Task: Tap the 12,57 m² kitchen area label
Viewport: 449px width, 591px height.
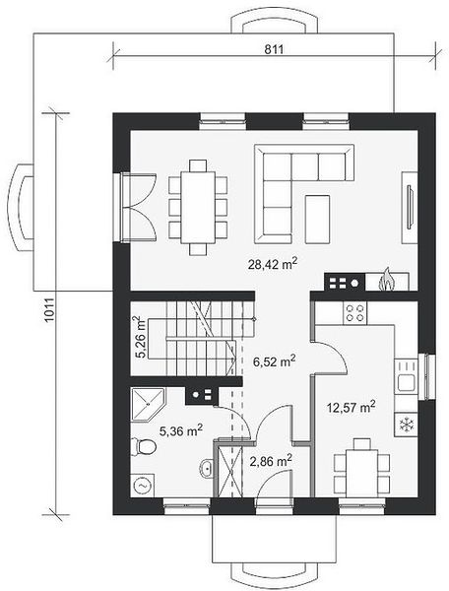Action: pyautogui.click(x=351, y=407)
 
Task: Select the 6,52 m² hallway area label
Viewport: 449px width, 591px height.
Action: pyautogui.click(x=274, y=361)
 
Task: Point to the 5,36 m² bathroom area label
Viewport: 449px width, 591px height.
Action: pyautogui.click(x=181, y=430)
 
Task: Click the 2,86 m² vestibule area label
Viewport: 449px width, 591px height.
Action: pyautogui.click(x=271, y=460)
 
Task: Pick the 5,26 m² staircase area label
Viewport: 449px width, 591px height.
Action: pyautogui.click(x=142, y=337)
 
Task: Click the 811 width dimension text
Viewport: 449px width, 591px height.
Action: pyautogui.click(x=274, y=49)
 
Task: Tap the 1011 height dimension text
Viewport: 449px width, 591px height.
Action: pyautogui.click(x=50, y=310)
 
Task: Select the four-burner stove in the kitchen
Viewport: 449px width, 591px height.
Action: pyautogui.click(x=355, y=313)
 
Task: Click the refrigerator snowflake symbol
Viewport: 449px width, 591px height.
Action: pyautogui.click(x=406, y=425)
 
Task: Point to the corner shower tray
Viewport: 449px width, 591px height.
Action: pyautogui.click(x=147, y=405)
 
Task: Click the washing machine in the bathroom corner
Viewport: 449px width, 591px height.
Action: pyautogui.click(x=143, y=486)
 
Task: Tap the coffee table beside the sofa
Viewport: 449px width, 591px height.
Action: pyautogui.click(x=317, y=219)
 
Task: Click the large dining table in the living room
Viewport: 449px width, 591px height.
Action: pyautogui.click(x=198, y=207)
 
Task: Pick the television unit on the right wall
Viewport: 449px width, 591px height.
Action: pyautogui.click(x=410, y=208)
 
